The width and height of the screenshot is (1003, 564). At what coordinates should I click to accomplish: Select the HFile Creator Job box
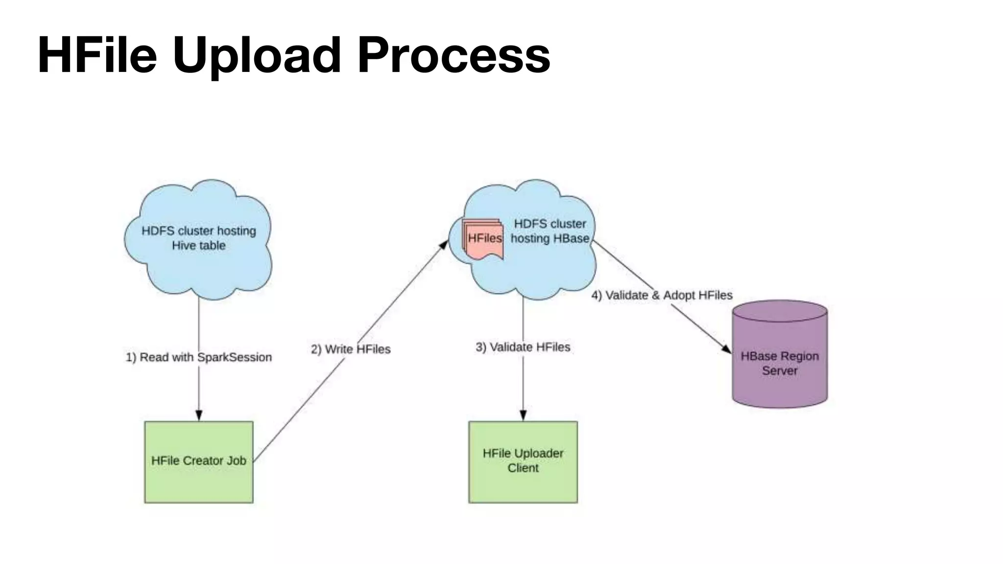[199, 462]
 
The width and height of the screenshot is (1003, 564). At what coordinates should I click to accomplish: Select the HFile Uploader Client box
[523, 462]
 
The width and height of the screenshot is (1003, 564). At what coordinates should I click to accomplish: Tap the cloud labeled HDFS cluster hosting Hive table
[198, 238]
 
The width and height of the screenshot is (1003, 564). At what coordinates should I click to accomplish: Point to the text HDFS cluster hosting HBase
[549, 231]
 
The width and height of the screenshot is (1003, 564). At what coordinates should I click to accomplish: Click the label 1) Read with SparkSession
[199, 357]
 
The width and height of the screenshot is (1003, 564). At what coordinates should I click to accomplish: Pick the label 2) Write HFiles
[351, 349]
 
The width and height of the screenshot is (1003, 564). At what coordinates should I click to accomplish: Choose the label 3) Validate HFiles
[523, 347]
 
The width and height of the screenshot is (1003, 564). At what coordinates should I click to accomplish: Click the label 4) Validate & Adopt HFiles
[662, 295]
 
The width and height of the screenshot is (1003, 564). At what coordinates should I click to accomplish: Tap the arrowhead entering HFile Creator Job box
[199, 416]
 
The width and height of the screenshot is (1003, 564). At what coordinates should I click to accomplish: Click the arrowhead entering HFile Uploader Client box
[523, 416]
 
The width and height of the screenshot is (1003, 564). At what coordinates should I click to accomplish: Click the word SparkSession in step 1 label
[234, 357]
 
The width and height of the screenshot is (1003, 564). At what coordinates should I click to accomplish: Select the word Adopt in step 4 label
[679, 295]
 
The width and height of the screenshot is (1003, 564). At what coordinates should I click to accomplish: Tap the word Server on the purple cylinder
[780, 371]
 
